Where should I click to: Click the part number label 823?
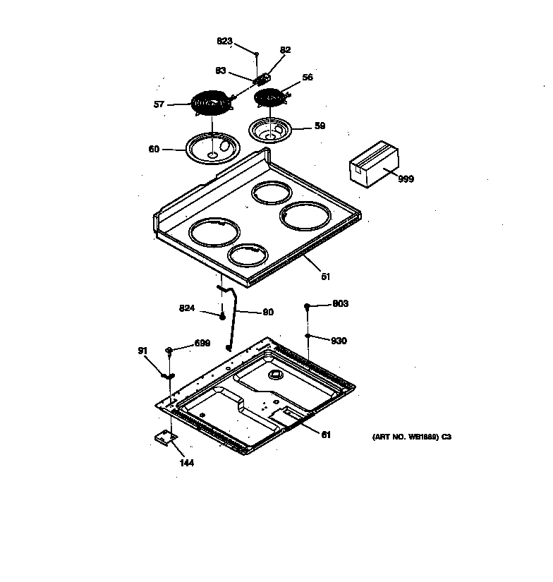point(224,42)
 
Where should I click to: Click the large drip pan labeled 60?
point(212,148)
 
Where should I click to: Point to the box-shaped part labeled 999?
point(374,164)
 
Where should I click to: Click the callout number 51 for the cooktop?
point(325,277)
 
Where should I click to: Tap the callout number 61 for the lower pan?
point(325,435)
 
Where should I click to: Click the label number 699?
point(202,344)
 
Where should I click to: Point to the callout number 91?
point(142,350)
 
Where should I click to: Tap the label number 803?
point(340,304)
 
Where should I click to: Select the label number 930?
point(340,341)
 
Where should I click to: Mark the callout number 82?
point(285,50)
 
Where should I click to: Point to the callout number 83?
point(221,70)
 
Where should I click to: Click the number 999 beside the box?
point(406,179)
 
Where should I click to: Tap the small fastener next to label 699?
point(169,350)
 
